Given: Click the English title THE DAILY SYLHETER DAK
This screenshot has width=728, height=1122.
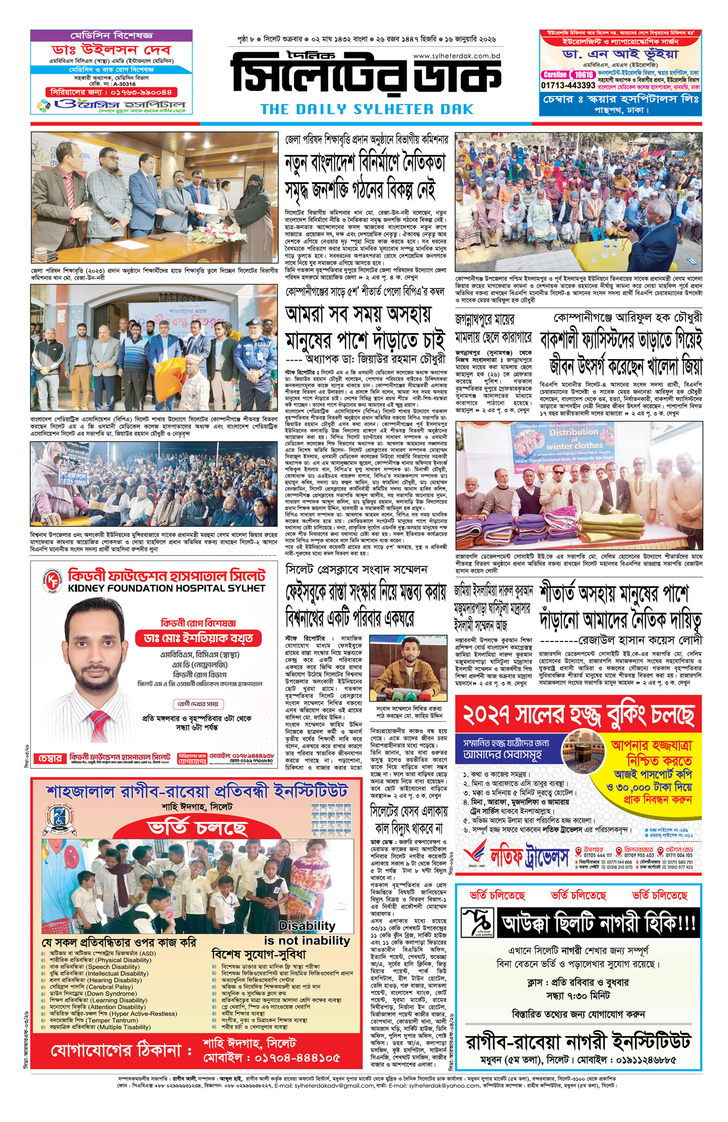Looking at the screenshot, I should (367, 109).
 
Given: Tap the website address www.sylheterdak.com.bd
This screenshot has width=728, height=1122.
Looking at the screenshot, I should (457, 56).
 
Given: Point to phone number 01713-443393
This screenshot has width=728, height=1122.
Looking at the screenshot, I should (568, 85).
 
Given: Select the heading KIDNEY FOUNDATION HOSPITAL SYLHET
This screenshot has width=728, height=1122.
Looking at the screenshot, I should (167, 588).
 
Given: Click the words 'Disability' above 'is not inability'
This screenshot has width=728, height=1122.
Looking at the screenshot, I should (307, 925).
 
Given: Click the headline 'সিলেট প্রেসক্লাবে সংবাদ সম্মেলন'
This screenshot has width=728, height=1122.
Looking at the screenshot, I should (356, 569).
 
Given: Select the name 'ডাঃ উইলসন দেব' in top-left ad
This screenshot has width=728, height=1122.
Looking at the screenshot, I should (111, 50).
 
